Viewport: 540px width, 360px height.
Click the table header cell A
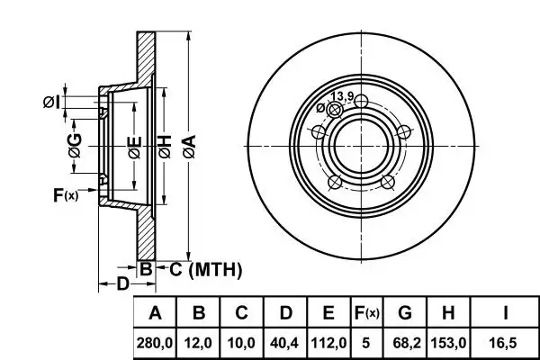point(155,313)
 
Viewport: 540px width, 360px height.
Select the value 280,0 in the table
point(155,343)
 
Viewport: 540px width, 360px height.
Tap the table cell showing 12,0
point(200,343)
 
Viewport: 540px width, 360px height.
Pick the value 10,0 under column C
point(242,343)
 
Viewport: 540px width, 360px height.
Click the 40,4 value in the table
point(285,343)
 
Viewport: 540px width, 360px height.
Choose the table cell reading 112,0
point(328,343)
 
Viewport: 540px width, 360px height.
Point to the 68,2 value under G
point(405,343)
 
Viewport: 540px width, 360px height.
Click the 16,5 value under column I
point(506,343)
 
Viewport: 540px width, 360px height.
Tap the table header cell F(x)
point(366,313)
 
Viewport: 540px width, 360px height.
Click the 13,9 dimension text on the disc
point(341,96)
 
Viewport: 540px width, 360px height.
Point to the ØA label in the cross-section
point(188,142)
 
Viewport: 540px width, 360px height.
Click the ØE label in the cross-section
point(133,145)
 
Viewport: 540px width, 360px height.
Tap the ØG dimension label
point(75,145)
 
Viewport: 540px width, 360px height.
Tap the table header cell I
point(506,313)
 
